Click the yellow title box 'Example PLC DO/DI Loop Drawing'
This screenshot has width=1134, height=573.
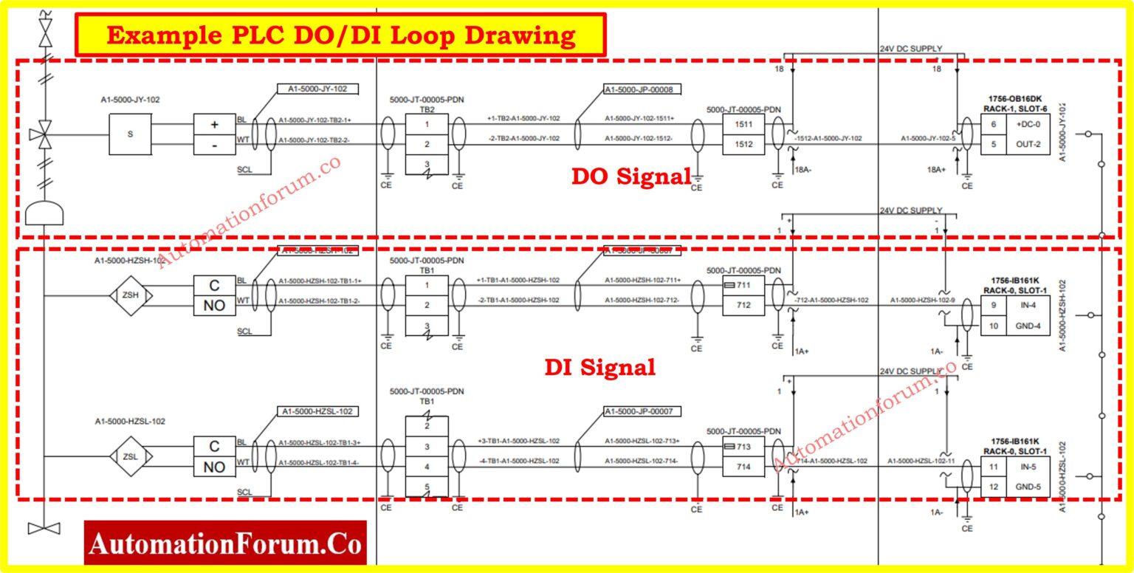point(340,35)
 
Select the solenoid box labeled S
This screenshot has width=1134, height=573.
point(131,134)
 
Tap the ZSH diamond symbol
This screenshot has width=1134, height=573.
point(130,296)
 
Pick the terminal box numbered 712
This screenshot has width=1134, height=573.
point(744,305)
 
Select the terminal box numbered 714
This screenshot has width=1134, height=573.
point(744,467)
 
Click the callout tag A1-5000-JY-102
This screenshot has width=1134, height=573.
point(317,89)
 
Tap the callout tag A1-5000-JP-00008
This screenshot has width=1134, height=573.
point(642,89)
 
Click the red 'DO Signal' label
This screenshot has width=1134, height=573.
point(631,176)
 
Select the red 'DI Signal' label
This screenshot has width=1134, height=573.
point(600,367)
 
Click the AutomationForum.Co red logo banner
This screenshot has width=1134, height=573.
point(225,544)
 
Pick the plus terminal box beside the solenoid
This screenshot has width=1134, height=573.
point(214,125)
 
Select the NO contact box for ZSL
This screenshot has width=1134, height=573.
point(214,467)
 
